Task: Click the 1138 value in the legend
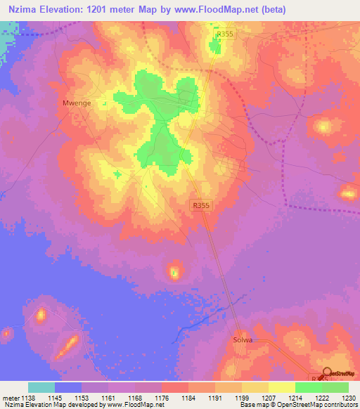pyautogui.click(x=27, y=397)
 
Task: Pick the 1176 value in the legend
pyautogui.click(x=162, y=397)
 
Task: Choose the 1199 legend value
pyautogui.click(x=242, y=397)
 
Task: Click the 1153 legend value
pyautogui.click(x=82, y=397)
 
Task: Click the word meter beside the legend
pyautogui.click(x=10, y=397)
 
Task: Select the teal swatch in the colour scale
pyautogui.click(x=41, y=387)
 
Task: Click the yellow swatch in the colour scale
pyautogui.click(x=282, y=387)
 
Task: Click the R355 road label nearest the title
pyautogui.click(x=224, y=33)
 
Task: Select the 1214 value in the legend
pyautogui.click(x=295, y=397)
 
